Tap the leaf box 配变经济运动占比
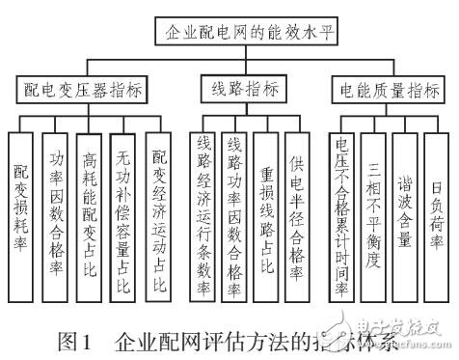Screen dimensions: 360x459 pyautogui.click(x=160, y=212)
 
